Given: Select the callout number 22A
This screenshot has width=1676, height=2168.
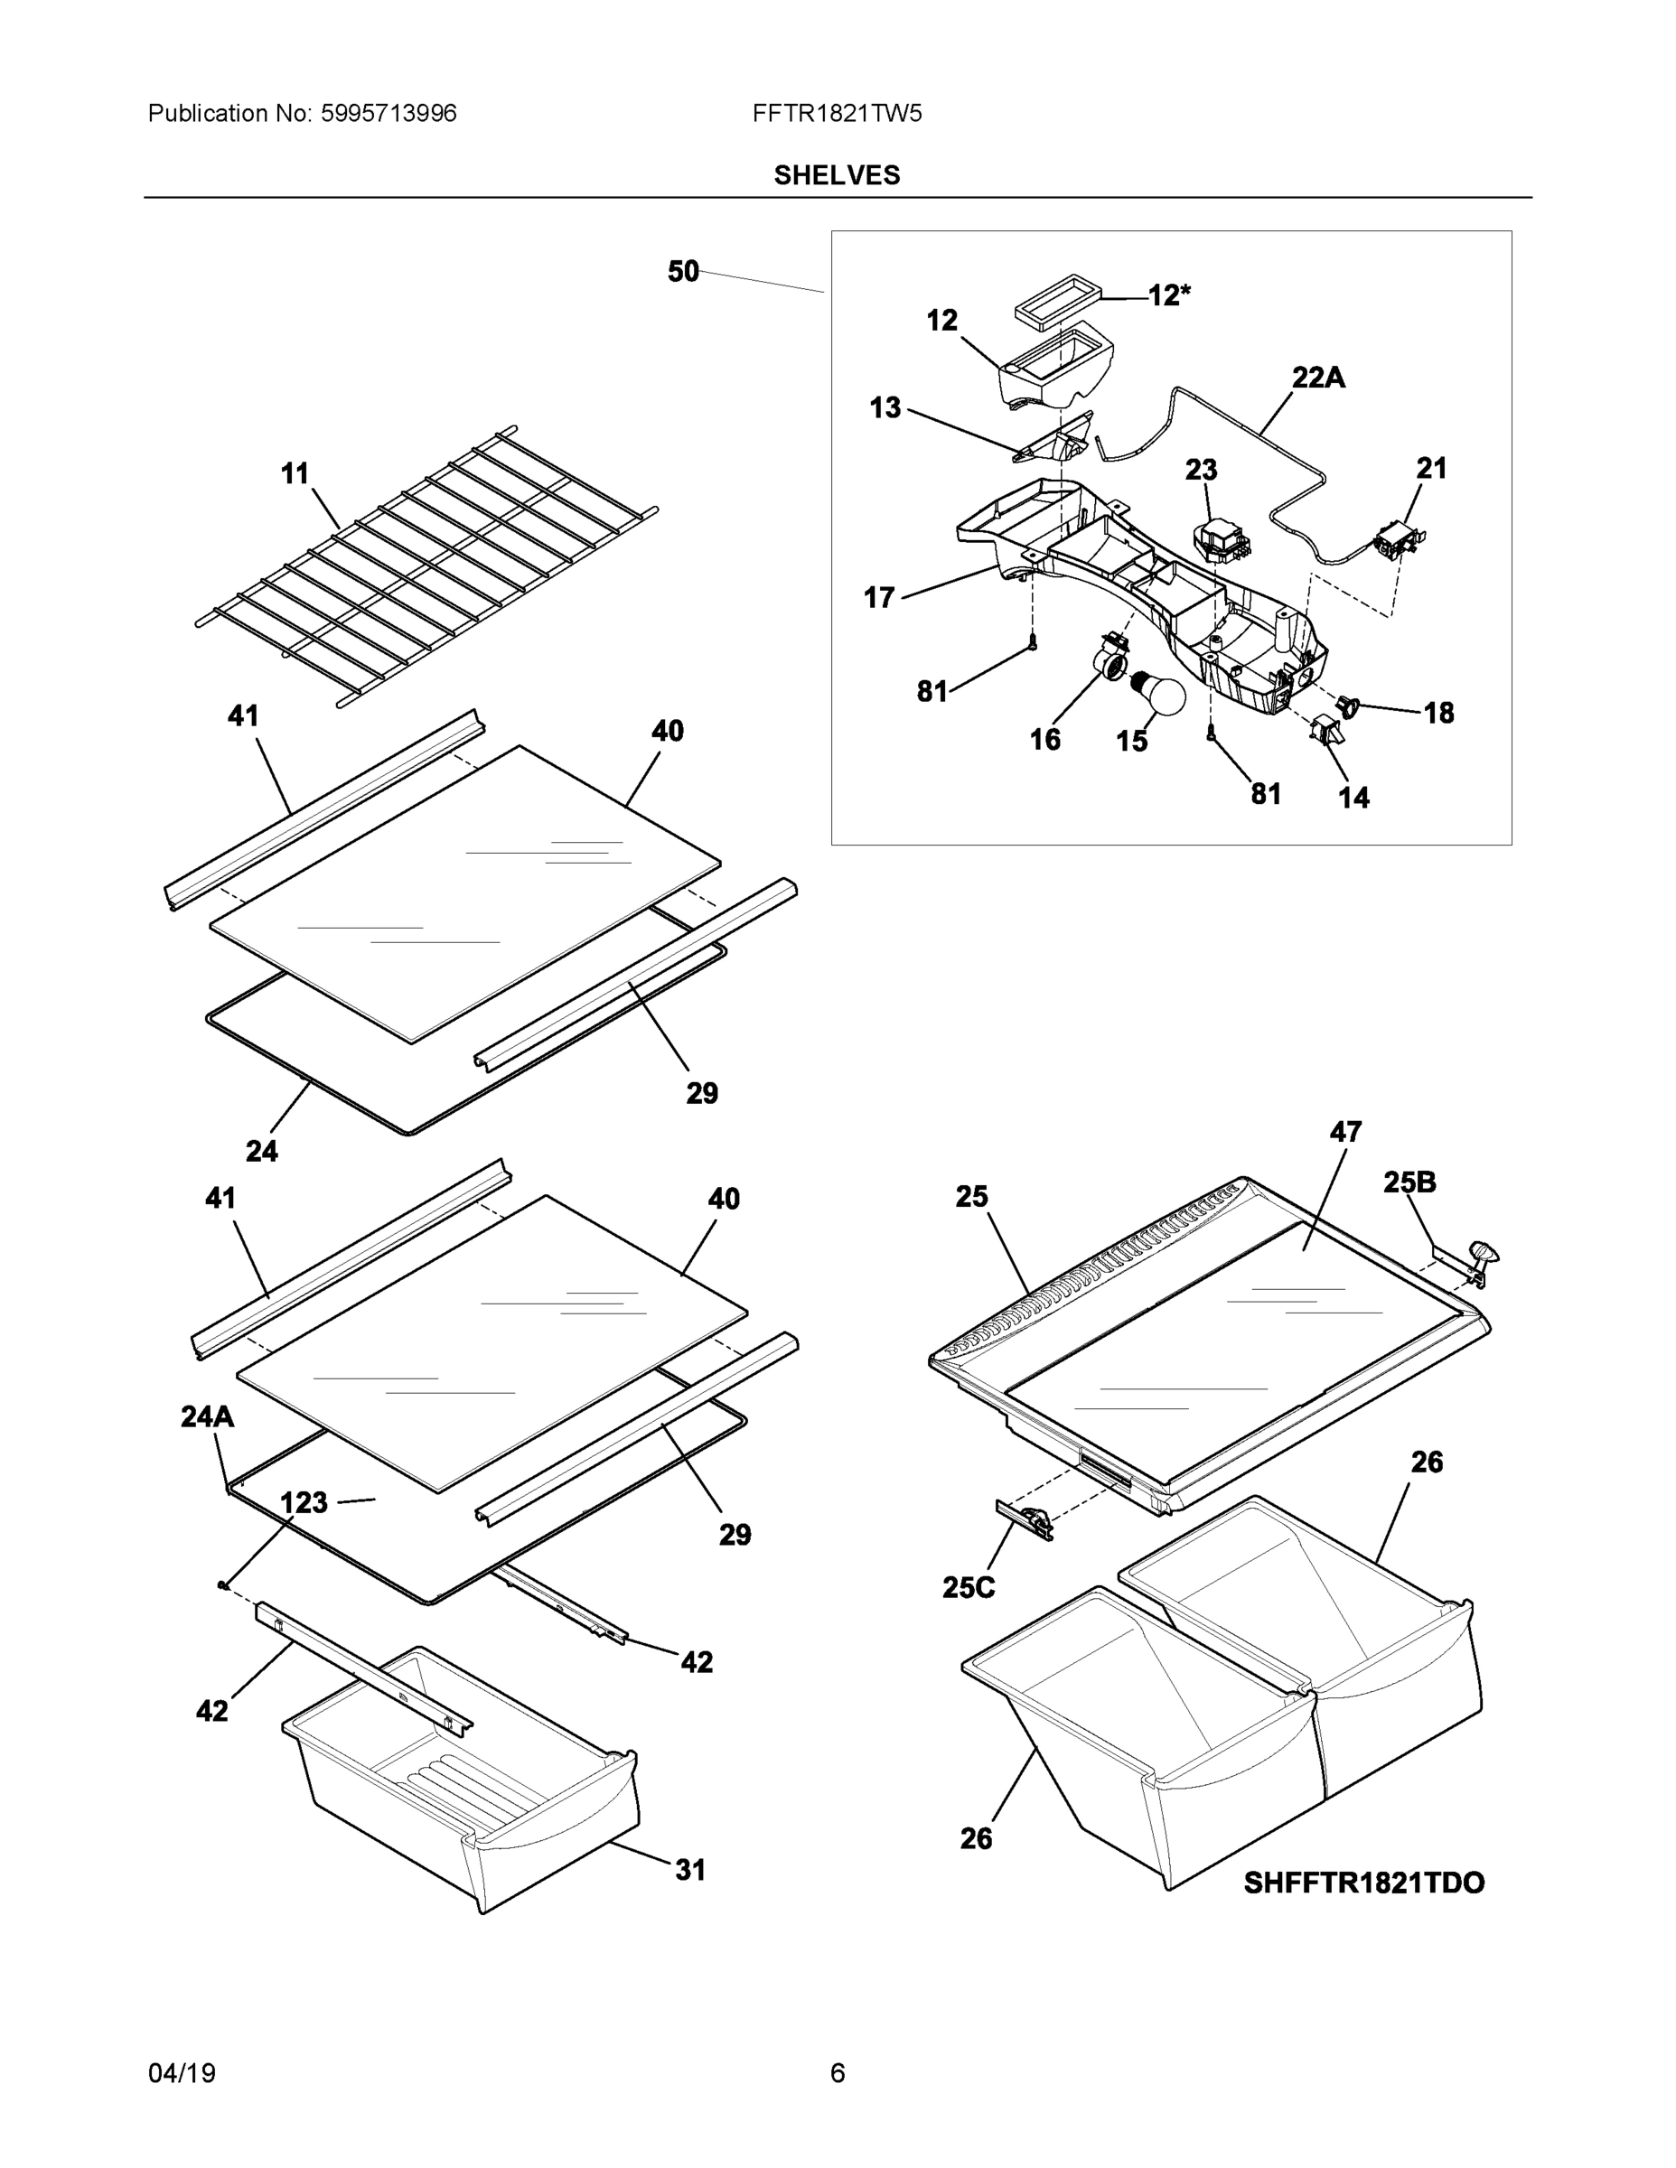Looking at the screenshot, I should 1317,378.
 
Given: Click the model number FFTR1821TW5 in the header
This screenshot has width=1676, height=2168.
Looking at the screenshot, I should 836,113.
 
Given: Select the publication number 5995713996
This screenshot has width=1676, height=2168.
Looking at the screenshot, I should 389,113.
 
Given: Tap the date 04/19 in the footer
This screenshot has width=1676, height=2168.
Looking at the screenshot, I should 182,2073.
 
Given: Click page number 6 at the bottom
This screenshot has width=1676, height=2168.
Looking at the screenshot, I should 837,2073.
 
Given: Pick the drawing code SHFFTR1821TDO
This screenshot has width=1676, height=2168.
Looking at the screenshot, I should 1363,1883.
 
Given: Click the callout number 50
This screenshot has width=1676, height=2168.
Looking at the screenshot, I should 683,271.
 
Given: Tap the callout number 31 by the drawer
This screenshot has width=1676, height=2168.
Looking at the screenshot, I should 690,1870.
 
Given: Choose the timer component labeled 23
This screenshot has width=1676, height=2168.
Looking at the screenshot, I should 1219,542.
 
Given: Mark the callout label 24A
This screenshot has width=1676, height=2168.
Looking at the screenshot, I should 207,1416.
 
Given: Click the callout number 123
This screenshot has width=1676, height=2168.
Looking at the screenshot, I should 303,1503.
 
